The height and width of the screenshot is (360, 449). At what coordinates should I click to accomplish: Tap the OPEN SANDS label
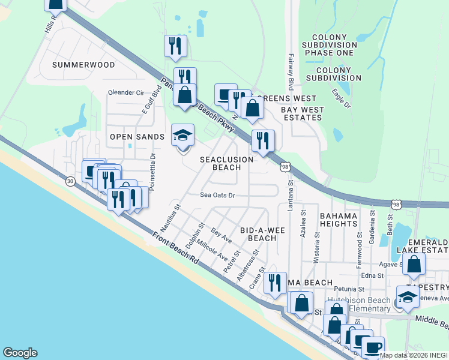pyautogui.click(x=137, y=137)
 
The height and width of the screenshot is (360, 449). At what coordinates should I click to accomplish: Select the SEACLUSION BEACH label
pyautogui.click(x=226, y=163)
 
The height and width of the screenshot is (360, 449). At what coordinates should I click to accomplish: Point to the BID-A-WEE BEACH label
pyautogui.click(x=258, y=234)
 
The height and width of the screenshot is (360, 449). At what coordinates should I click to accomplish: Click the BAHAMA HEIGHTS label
pyautogui.click(x=339, y=220)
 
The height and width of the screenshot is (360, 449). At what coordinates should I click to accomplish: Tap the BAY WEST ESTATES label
pyautogui.click(x=303, y=114)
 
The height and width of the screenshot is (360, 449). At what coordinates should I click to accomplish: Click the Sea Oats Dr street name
pyautogui.click(x=217, y=195)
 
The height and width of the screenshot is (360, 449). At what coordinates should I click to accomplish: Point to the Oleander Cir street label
pyautogui.click(x=126, y=93)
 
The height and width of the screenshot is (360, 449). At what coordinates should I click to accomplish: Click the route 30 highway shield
pyautogui.click(x=70, y=182)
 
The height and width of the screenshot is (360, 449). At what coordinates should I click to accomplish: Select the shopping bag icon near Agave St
pyautogui.click(x=414, y=264)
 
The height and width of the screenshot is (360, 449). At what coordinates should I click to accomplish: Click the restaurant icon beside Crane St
pyautogui.click(x=274, y=283)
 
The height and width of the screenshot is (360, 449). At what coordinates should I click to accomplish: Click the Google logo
pyautogui.click(x=20, y=353)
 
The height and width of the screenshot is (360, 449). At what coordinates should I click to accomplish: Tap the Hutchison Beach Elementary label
pyautogui.click(x=358, y=304)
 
